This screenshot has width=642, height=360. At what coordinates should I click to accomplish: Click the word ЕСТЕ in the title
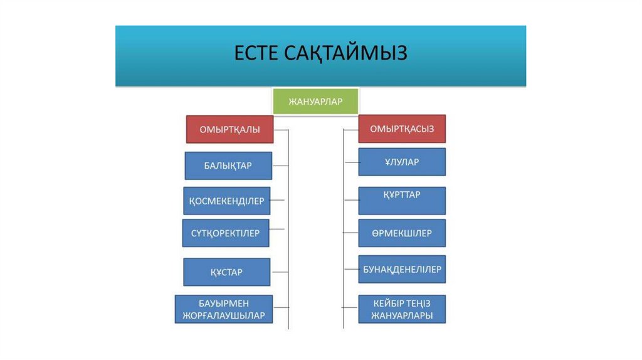click(x=255, y=53)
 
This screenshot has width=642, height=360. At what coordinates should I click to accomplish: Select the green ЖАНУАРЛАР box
click(x=315, y=102)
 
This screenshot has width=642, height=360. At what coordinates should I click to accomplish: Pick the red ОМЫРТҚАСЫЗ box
click(x=402, y=129)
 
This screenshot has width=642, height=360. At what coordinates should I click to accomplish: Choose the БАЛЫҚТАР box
click(x=228, y=166)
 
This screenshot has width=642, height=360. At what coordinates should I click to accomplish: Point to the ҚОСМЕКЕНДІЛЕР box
click(x=227, y=201)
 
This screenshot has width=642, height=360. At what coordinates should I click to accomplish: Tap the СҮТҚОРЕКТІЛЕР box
click(x=226, y=233)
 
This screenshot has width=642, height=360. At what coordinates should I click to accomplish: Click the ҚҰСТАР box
click(x=227, y=272)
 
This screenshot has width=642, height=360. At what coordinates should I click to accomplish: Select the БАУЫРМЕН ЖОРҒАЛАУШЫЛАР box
click(x=224, y=309)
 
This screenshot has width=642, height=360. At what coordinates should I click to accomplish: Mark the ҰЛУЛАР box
click(x=402, y=162)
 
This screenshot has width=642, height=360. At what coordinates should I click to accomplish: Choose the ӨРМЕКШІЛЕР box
click(x=402, y=233)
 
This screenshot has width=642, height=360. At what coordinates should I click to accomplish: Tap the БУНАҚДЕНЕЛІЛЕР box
click(x=402, y=270)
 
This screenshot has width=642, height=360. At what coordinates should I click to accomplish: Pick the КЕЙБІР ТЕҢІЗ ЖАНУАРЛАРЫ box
click(x=402, y=309)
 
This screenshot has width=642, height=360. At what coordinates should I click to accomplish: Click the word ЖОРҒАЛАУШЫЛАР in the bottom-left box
click(x=224, y=315)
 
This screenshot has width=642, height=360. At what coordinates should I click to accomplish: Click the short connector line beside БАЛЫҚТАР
click(x=280, y=166)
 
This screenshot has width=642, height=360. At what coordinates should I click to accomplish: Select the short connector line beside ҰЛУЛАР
click(x=351, y=162)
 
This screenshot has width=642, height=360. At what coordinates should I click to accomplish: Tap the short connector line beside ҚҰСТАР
click(x=279, y=272)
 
